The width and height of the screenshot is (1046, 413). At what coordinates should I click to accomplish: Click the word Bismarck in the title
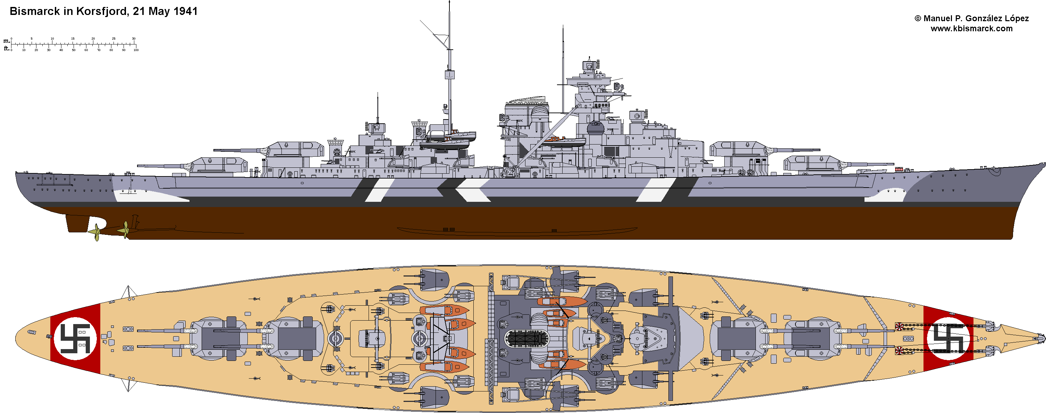pyautogui.click(x=34, y=11)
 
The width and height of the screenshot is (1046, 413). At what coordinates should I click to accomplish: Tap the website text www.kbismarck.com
pyautogui.click(x=971, y=28)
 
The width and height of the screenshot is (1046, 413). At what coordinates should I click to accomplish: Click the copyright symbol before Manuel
pyautogui.click(x=918, y=19)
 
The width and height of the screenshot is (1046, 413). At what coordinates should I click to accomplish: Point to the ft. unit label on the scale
pyautogui.click(x=7, y=48)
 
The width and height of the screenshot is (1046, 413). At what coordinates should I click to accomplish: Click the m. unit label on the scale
pyautogui.click(x=7, y=41)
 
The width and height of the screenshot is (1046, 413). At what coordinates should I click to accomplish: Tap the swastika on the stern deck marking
pyautogui.click(x=75, y=339)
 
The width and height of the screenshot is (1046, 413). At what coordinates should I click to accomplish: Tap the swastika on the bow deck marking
pyautogui.click(x=948, y=339)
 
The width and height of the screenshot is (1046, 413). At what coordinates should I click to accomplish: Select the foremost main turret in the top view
pyautogui.click(x=812, y=339)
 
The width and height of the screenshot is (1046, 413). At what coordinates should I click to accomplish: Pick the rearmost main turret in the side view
pyautogui.click(x=219, y=165)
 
